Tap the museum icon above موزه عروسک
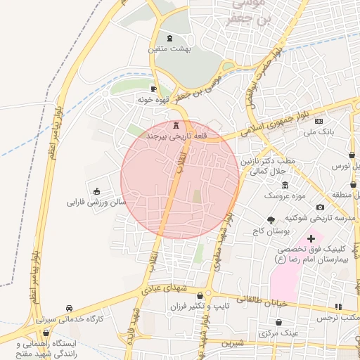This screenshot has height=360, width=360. [284, 185]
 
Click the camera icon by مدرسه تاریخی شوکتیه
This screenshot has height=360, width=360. [321, 207]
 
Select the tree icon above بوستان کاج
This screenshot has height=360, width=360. [271, 220]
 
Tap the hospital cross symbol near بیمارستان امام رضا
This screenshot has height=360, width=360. [311, 239]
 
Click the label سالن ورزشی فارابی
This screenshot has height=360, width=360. [96, 202]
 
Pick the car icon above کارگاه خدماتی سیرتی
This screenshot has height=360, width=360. [68, 309]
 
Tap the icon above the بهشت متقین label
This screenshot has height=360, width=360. [169, 38]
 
